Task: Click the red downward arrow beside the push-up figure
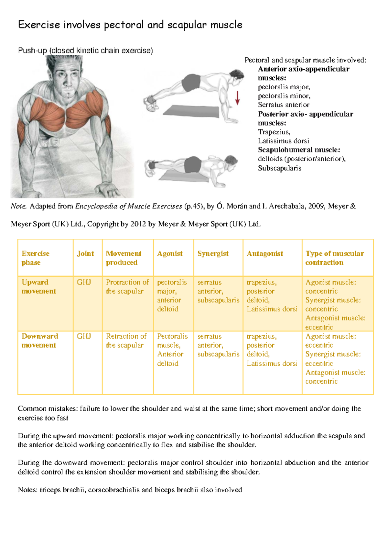click(x=237, y=98)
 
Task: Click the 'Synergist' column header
click(x=213, y=254)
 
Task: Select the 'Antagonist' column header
click(x=264, y=254)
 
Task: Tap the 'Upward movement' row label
click(x=38, y=287)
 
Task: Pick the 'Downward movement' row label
click(x=39, y=341)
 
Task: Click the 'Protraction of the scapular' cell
click(x=127, y=287)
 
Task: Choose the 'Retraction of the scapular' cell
click(x=126, y=341)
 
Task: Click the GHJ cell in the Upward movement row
click(x=84, y=282)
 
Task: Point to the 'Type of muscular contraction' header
click(x=334, y=258)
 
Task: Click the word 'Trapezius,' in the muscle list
click(x=274, y=132)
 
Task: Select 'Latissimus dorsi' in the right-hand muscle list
click(x=283, y=141)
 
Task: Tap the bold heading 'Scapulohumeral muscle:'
click(x=299, y=150)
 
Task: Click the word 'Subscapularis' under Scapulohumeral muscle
click(x=279, y=168)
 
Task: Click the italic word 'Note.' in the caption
click(x=18, y=206)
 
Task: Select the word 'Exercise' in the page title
click(x=39, y=25)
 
